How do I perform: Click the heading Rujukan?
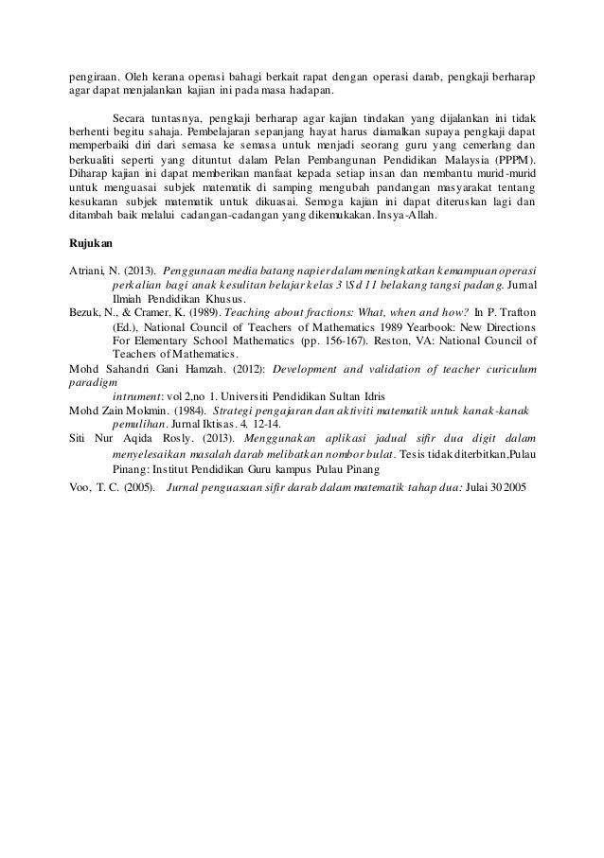[x=92, y=243]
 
